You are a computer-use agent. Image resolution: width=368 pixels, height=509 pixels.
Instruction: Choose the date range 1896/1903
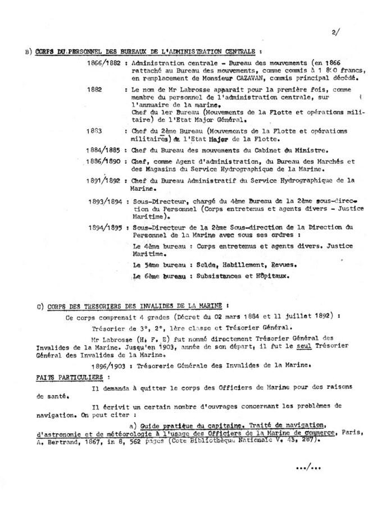coord(107,366)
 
